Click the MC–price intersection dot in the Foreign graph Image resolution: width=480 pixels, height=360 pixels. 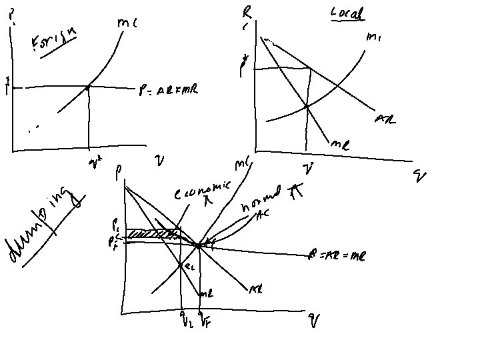pyautogui.click(x=89, y=87)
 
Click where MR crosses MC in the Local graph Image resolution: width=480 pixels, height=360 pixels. pyautogui.click(x=306, y=106)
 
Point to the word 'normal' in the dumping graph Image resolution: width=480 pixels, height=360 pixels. pyautogui.click(x=257, y=206)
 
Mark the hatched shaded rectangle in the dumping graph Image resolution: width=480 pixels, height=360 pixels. pyautogui.click(x=153, y=233)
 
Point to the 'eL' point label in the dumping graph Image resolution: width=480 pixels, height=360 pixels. pyautogui.click(x=189, y=266)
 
